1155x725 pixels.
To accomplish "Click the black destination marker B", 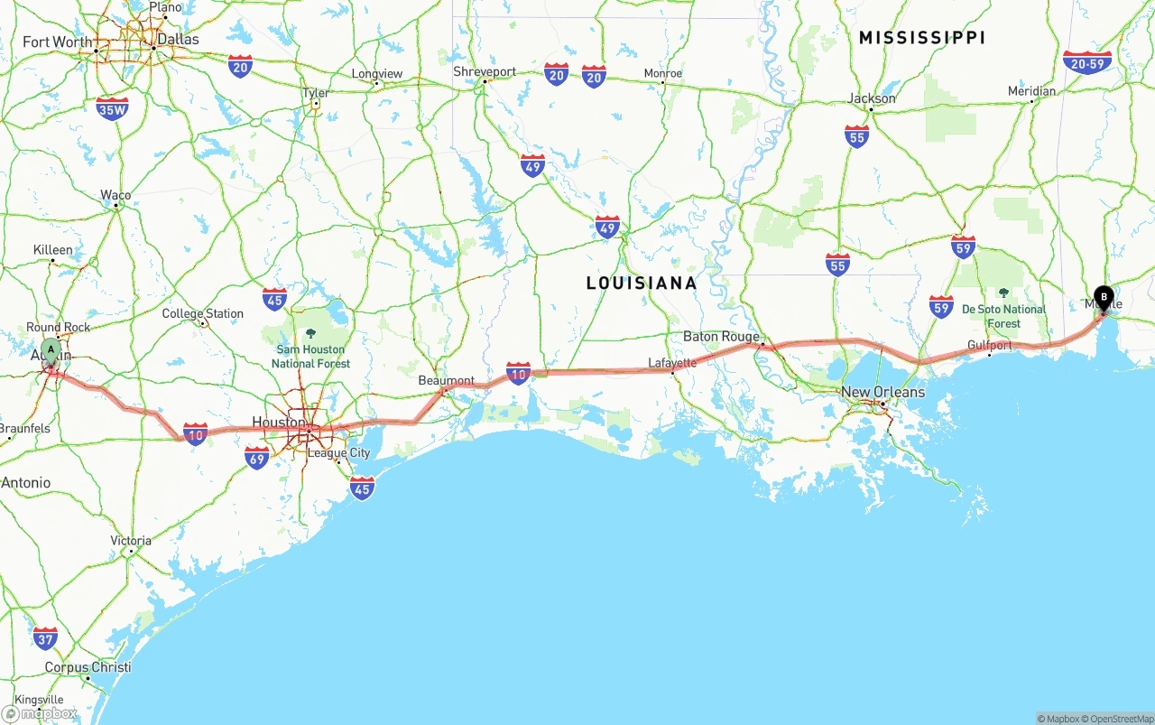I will point(1103,297).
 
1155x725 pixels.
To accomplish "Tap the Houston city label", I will point(278,422).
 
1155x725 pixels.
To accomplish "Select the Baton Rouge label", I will point(720,336).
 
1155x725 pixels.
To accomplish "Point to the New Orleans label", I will point(882,392).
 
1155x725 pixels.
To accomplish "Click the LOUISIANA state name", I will point(642,283).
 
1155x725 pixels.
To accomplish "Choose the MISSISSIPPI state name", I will point(921,37).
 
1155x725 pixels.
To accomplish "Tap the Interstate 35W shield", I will point(112,108).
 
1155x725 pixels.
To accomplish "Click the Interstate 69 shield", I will point(257,458).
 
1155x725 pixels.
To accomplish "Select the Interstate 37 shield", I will point(45,637).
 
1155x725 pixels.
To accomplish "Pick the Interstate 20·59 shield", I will point(1087,61).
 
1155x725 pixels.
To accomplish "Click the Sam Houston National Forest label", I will point(310,356).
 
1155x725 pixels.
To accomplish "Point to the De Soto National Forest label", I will point(1003,316).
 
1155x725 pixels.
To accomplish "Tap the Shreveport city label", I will point(485,71).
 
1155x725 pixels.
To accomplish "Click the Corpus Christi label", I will point(88,667).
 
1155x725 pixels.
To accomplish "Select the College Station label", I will point(202,313).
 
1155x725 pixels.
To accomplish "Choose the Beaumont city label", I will point(446,380).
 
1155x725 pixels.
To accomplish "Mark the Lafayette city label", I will point(672,363).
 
